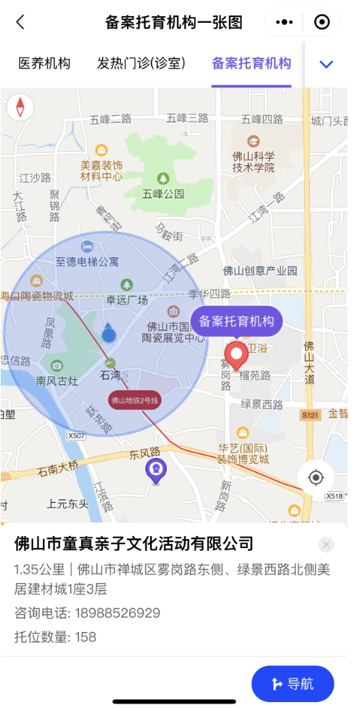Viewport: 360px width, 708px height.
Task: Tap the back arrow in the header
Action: pyautogui.click(x=20, y=22)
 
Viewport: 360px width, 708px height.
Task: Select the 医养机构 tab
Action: pyautogui.click(x=44, y=63)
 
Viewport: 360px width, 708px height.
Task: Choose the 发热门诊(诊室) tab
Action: pyautogui.click(x=141, y=63)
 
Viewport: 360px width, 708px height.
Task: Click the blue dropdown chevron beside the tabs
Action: pyautogui.click(x=326, y=64)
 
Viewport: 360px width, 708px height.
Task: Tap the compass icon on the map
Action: pyautogui.click(x=20, y=107)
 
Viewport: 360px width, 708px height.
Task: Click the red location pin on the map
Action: pyautogui.click(x=237, y=355)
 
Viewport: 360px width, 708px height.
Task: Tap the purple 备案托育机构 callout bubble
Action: pyautogui.click(x=236, y=322)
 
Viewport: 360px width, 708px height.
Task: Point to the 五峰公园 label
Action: pyautogui.click(x=163, y=194)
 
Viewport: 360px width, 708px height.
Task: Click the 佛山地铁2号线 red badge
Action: pyautogui.click(x=135, y=400)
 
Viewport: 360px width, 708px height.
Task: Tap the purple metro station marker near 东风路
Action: pyautogui.click(x=156, y=469)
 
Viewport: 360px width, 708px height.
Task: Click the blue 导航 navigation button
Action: pyautogui.click(x=292, y=684)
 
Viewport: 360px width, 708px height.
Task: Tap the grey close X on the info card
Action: pyautogui.click(x=327, y=544)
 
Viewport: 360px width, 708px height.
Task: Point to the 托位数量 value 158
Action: pyautogui.click(x=86, y=637)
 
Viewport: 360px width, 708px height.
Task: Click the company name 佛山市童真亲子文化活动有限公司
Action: pyautogui.click(x=134, y=544)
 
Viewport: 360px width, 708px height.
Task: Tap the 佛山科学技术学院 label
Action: pyautogui.click(x=254, y=162)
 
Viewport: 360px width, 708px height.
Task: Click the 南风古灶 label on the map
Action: pyautogui.click(x=57, y=381)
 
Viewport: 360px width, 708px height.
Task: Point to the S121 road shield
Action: pyautogui.click(x=310, y=416)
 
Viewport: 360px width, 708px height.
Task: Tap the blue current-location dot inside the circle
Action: pyautogui.click(x=109, y=336)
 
